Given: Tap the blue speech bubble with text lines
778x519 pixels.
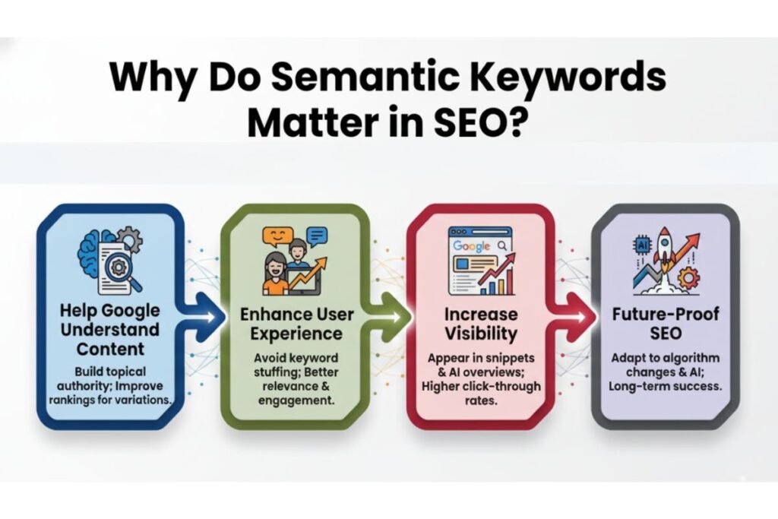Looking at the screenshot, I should [x=317, y=237].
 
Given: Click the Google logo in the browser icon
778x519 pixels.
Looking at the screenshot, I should [x=471, y=246].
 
